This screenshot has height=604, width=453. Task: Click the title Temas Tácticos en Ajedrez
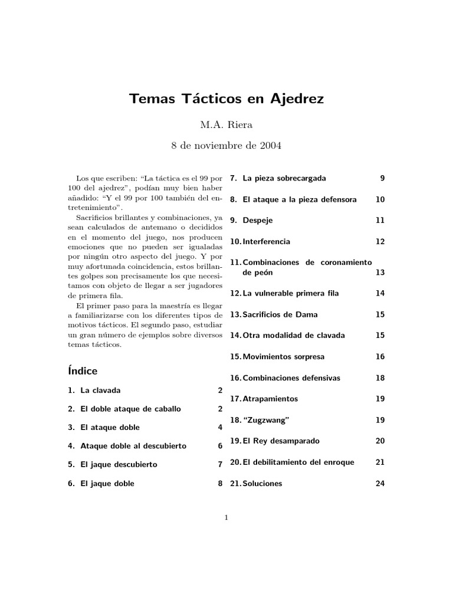[226, 99]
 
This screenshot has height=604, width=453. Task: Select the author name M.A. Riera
[226, 124]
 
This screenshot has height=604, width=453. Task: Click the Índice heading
[83, 371]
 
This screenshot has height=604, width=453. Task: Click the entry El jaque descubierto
[119, 464]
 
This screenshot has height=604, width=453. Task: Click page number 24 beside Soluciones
[380, 484]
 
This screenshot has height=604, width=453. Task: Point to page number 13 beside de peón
[380, 273]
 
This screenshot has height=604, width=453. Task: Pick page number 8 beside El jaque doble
[220, 484]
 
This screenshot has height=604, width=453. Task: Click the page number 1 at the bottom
[226, 518]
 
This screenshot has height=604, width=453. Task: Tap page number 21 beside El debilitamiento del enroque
[380, 462]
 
